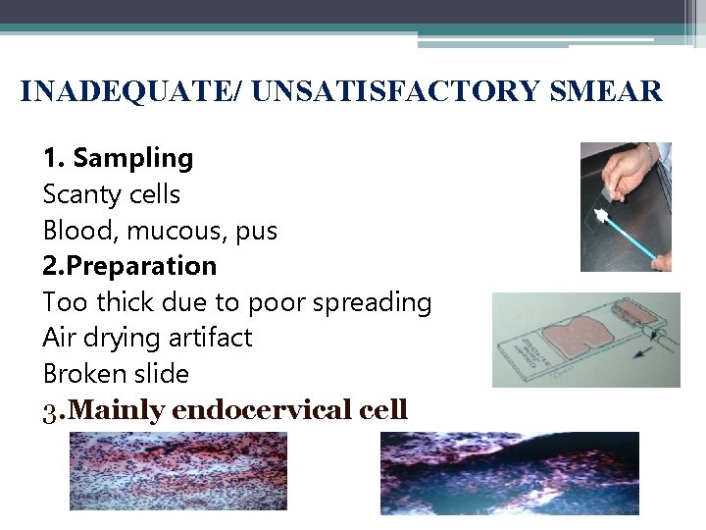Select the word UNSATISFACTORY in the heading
click(x=395, y=91)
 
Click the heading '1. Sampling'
click(x=118, y=158)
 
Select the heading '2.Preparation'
click(x=129, y=266)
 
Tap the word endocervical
click(x=271, y=409)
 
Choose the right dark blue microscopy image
click(x=509, y=473)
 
